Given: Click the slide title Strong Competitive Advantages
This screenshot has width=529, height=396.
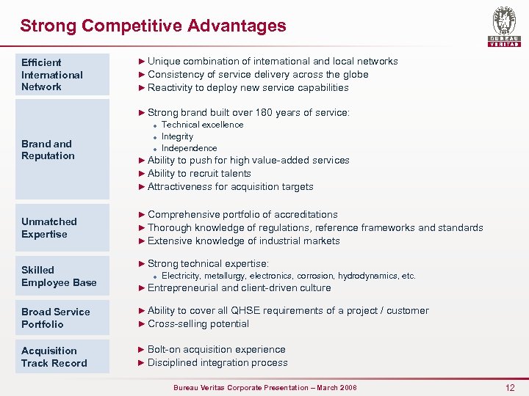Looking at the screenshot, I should pos(153,26).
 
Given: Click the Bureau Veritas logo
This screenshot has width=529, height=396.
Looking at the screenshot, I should pos(504,26).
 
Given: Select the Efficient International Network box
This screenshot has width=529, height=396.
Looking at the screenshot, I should pos(65,75).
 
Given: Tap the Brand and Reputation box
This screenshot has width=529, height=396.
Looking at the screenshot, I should pos(65,150).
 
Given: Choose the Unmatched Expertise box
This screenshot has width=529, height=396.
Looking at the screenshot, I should pos(65,227).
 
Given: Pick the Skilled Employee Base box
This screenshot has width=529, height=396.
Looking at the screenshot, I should pos(65,276).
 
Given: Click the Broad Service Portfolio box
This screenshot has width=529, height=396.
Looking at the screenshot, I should pos(65,318).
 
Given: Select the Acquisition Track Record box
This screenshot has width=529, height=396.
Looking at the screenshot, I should pos(65,356).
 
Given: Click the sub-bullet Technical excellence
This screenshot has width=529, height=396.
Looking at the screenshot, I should pos(202,125).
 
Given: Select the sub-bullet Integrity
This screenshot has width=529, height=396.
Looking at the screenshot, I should pos(177,136).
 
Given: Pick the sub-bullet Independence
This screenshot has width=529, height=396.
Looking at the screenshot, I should pos(189,148).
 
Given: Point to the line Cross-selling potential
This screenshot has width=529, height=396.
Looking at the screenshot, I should pos(198,324).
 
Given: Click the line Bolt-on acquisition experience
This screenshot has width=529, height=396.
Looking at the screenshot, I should pos(216,350).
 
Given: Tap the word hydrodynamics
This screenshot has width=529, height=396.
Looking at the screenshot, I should pos(364,276).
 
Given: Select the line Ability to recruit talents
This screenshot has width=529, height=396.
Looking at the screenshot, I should pos(199,174).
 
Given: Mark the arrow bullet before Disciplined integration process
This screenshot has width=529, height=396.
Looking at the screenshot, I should pos(142,363).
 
